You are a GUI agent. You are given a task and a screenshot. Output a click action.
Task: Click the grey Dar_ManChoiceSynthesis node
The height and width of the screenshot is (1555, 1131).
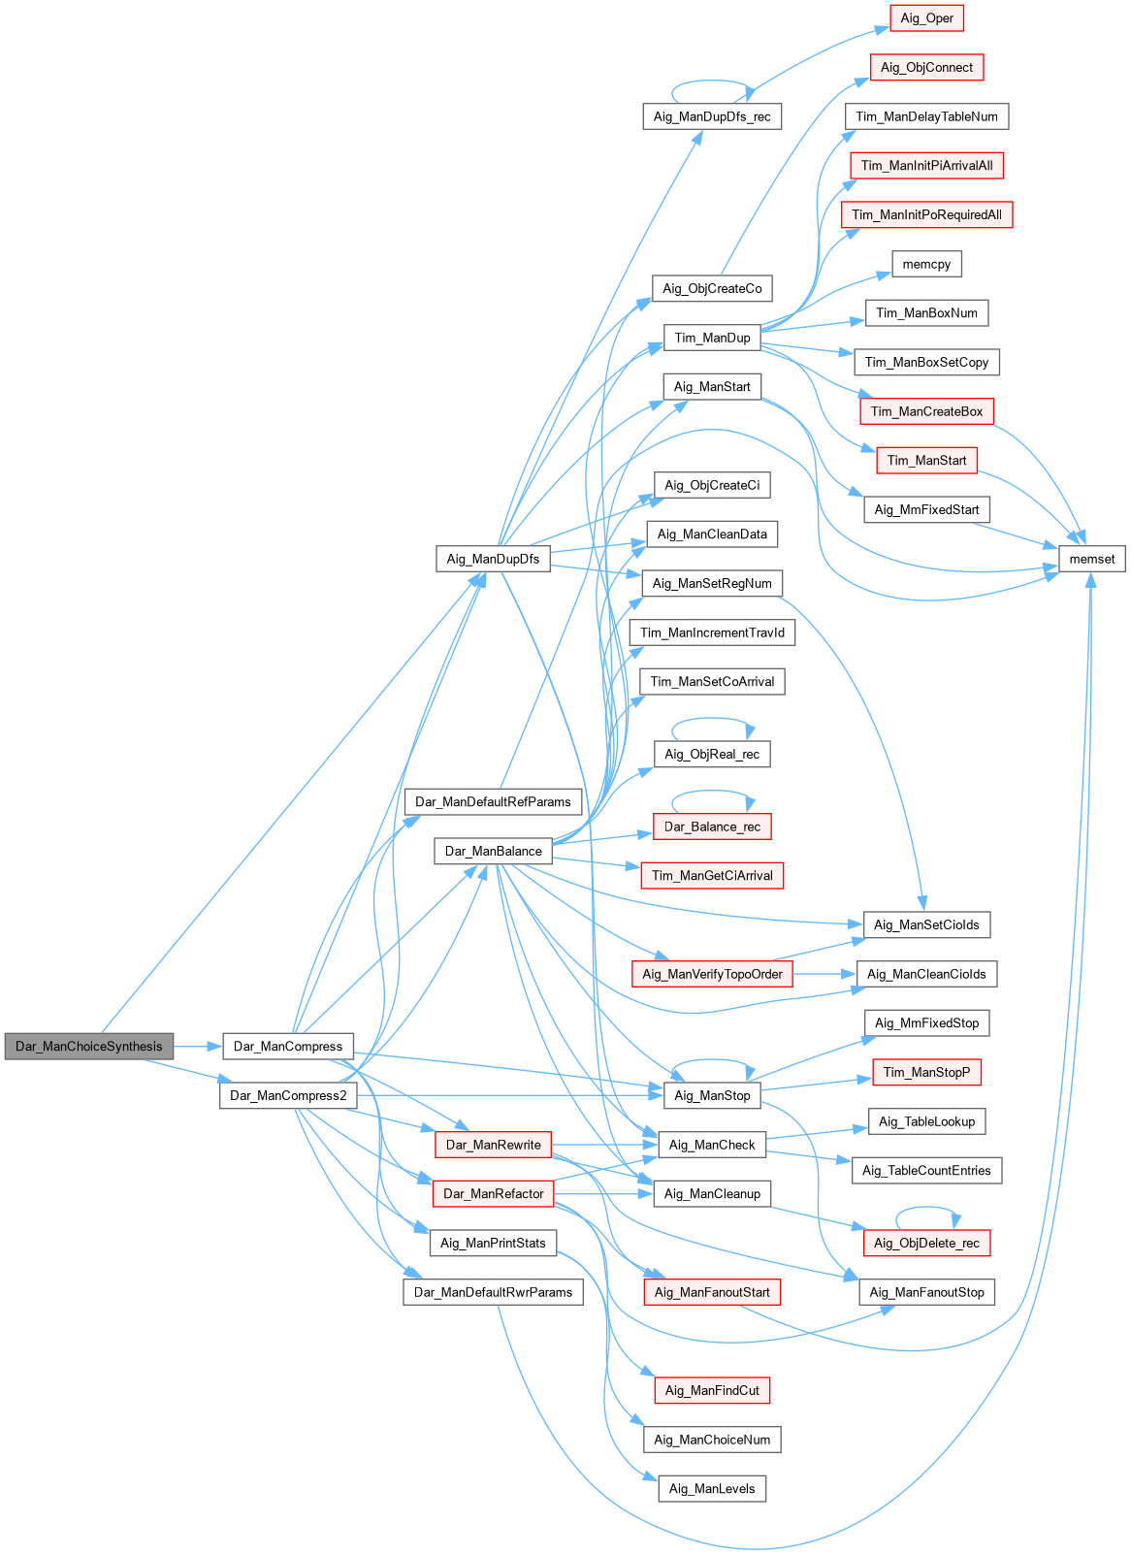point(89,1047)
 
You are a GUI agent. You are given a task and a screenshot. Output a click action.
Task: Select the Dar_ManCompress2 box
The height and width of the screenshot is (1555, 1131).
point(288,1095)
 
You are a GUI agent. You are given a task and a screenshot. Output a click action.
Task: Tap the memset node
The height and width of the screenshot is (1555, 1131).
point(1092,559)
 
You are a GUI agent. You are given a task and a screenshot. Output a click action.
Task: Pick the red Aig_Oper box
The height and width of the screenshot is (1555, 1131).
point(926,18)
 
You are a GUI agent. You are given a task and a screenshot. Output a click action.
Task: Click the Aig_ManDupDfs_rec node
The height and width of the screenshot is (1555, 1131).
point(712,116)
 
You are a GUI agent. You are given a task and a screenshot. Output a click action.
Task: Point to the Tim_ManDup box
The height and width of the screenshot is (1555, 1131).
point(712,338)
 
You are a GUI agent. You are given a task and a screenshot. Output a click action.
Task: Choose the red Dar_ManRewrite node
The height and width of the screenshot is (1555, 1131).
point(493,1145)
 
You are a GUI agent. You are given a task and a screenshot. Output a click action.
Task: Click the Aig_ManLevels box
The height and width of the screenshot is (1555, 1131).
point(712,1489)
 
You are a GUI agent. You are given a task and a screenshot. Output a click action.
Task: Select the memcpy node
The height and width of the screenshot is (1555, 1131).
point(926,264)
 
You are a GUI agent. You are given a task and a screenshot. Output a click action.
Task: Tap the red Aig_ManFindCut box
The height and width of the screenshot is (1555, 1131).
point(712,1390)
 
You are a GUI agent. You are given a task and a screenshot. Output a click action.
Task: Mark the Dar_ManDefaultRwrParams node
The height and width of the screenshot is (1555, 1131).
point(493,1292)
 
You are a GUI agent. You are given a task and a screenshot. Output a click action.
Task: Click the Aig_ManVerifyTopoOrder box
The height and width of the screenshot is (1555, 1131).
point(712,974)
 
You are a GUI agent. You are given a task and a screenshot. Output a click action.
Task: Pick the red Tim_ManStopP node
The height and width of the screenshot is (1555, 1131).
point(926,1072)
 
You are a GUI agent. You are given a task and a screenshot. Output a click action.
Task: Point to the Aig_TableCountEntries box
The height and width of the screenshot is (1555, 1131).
point(926,1171)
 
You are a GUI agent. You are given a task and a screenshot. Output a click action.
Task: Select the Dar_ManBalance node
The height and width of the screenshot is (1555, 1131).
point(493,851)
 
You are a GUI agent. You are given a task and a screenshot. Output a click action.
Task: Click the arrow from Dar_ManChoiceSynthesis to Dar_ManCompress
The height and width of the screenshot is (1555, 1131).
point(199,1047)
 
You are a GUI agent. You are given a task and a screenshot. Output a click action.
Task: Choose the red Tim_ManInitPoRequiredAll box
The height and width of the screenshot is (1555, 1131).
point(926,214)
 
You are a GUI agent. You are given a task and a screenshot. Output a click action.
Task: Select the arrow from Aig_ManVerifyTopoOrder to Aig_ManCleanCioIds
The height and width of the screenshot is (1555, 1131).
point(824,974)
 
